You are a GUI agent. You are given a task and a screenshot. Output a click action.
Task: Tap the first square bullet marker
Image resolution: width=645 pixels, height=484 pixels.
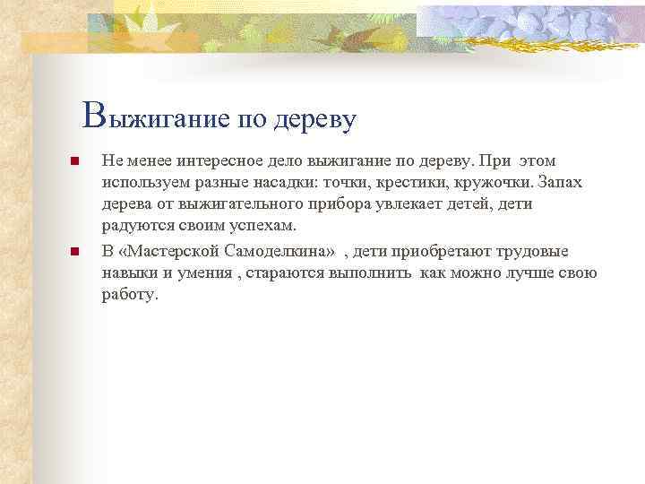point(75,162)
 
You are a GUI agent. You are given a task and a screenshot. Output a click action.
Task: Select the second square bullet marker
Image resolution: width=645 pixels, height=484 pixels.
point(75,252)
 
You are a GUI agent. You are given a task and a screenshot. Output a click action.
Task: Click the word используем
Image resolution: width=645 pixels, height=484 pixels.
point(147,183)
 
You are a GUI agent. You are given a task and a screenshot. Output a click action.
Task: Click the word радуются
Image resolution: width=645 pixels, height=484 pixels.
point(134,226)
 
